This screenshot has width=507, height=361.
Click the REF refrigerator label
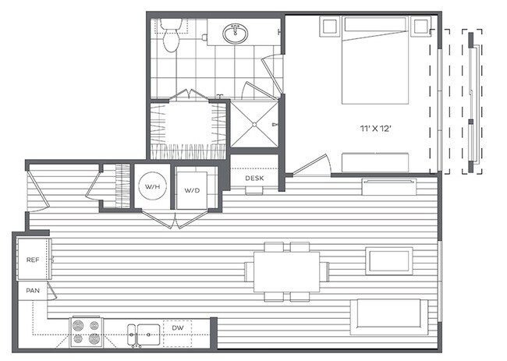[33, 260]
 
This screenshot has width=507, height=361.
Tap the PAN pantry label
[33, 291]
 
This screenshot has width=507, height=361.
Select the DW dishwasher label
[179, 328]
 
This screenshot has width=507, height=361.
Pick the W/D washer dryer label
[192, 189]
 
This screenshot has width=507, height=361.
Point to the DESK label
[254, 178]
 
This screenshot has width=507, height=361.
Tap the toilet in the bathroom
[172, 36]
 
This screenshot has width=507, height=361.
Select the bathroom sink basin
[235, 34]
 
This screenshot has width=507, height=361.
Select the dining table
[286, 271]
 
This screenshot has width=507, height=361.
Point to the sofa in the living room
[389, 315]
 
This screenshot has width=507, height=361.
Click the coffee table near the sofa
[389, 260]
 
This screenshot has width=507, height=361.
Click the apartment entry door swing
[35, 191]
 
